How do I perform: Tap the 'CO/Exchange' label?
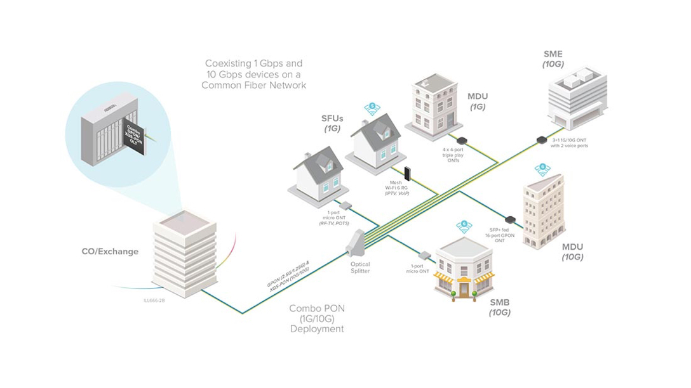pos(110,252)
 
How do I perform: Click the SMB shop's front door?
pos(464,289)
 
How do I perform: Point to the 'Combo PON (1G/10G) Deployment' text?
pos(317,319)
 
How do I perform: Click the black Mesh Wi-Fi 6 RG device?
pos(407,172)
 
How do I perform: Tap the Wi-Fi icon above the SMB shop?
pos(464,226)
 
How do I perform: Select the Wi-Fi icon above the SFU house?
pos(373,108)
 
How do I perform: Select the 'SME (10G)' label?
pos(553,59)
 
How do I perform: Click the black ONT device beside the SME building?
pos(541,139)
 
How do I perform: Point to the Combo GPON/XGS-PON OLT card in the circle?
pos(134,134)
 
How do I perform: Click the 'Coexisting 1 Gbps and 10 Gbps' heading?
pos(253,74)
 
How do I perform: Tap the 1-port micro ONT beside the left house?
pos(347,205)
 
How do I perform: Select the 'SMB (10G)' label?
pos(500,307)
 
